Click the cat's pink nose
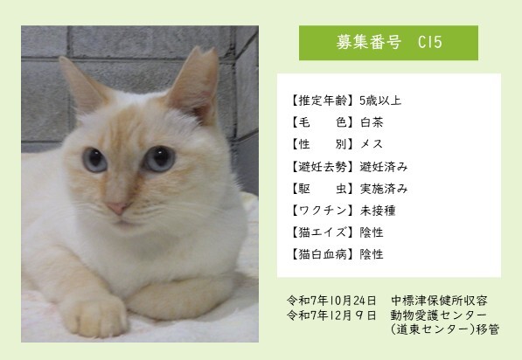[115, 209]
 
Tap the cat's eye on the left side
[94, 160]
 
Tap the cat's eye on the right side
[159, 158]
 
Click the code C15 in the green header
[429, 42]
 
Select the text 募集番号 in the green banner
[366, 42]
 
